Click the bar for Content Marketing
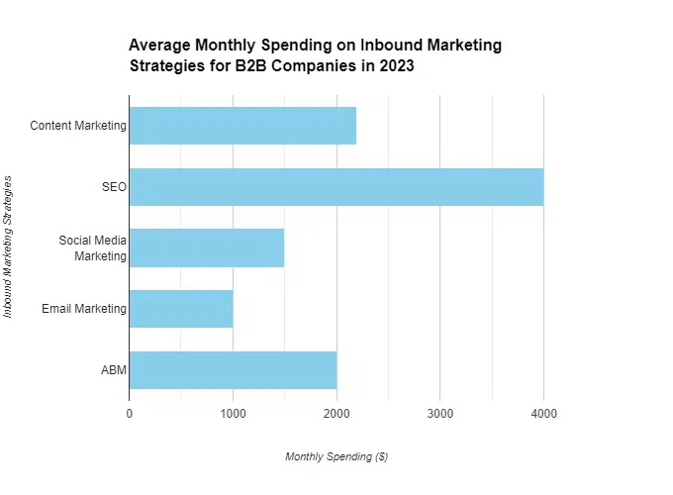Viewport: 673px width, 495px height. point(242,126)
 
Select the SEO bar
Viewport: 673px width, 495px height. point(336,187)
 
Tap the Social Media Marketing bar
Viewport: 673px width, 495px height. point(207,247)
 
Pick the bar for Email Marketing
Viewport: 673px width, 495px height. point(181,309)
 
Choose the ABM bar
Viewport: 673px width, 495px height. point(233,370)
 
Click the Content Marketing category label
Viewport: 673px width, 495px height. point(78,126)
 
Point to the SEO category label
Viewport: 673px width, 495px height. point(114,187)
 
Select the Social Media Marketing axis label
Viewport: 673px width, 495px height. point(92,247)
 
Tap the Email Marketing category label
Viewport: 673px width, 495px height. point(84,309)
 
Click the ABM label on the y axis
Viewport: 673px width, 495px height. point(113,370)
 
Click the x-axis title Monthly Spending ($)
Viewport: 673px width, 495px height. point(336,456)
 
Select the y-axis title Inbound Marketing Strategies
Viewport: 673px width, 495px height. point(9,247)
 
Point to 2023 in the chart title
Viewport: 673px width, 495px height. point(394,67)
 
